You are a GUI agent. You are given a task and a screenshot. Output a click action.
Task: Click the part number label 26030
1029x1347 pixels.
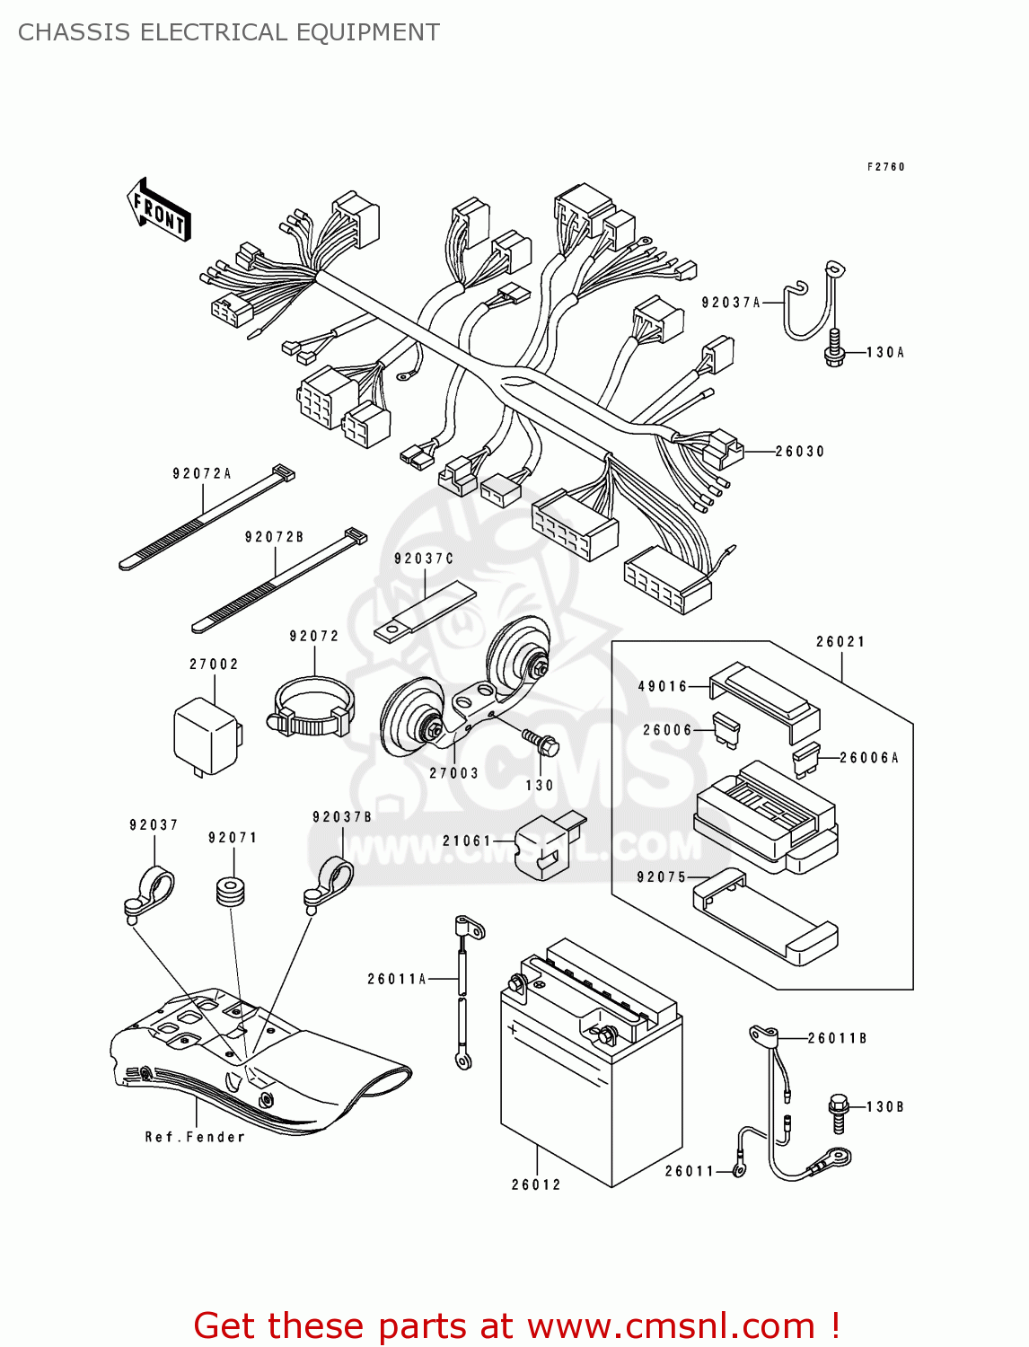pos(799,452)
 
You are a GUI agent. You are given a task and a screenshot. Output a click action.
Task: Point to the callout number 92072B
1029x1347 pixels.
pos(274,537)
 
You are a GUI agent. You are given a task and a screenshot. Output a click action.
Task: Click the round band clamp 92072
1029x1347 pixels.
pos(312,708)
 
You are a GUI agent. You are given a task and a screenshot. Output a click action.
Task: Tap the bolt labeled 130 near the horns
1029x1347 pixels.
pos(541,743)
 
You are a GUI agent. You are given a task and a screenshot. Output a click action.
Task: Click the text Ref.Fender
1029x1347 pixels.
pos(195,1137)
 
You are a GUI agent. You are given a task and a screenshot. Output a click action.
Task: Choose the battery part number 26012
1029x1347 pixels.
pos(536,1184)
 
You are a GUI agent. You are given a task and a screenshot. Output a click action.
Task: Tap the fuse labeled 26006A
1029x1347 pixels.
pos(806,761)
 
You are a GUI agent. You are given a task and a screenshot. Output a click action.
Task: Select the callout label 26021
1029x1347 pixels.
pos(840,642)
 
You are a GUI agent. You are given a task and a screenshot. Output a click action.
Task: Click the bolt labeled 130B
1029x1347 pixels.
pos(840,1112)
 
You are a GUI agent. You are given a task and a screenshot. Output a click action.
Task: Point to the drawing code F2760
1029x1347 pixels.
pos(885,167)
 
